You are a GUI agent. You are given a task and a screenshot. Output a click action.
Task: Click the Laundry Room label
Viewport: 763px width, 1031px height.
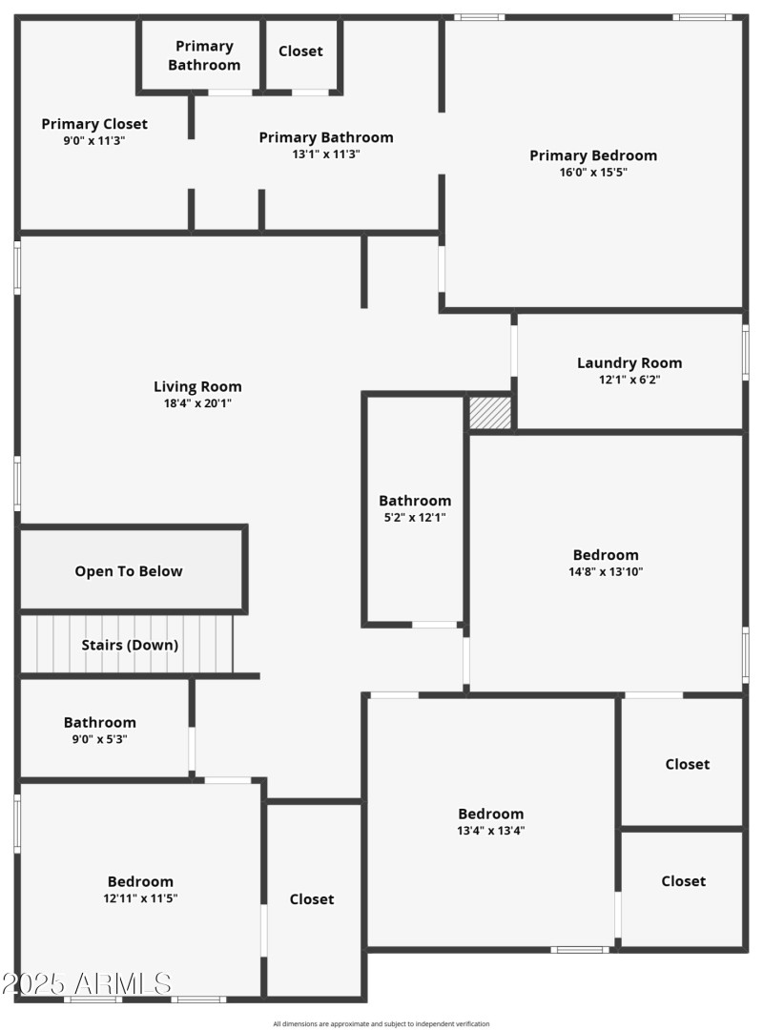pyautogui.click(x=629, y=362)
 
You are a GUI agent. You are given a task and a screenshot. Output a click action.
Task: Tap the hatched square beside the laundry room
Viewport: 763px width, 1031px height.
pyautogui.click(x=490, y=413)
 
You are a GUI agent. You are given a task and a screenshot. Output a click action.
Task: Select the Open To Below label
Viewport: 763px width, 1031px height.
pyautogui.click(x=129, y=571)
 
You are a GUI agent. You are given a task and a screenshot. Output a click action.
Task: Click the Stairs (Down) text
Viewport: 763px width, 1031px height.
pyautogui.click(x=130, y=645)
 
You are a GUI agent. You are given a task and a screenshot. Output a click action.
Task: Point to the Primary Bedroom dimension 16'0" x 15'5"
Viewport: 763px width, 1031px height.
pyautogui.click(x=593, y=173)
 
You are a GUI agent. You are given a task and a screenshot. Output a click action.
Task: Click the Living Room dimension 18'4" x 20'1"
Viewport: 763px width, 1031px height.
pyautogui.click(x=197, y=403)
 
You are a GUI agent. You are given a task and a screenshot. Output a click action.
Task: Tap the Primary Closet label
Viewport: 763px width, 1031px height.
pyautogui.click(x=94, y=124)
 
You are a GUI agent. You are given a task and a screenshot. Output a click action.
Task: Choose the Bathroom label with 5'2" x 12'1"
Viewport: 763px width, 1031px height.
pyautogui.click(x=415, y=501)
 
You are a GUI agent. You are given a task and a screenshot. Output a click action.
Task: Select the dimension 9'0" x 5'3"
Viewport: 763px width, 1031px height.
pyautogui.click(x=100, y=739)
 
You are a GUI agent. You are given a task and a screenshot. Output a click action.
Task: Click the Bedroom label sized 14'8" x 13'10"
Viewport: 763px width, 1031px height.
pyautogui.click(x=606, y=555)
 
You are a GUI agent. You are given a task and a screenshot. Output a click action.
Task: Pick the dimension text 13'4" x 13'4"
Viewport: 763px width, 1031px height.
pyautogui.click(x=491, y=831)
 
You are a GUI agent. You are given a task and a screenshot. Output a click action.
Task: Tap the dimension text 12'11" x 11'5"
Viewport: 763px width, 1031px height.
pyautogui.click(x=140, y=898)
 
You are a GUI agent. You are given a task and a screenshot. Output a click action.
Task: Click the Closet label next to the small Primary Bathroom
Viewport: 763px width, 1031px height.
pyautogui.click(x=300, y=52)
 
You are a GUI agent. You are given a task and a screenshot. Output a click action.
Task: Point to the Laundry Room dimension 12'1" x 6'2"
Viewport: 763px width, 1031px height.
pyautogui.click(x=629, y=380)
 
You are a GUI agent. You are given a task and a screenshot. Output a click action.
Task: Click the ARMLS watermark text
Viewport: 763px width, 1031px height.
pyautogui.click(x=87, y=983)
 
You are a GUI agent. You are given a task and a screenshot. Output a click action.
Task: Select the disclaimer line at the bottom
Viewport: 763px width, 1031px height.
pyautogui.click(x=381, y=1024)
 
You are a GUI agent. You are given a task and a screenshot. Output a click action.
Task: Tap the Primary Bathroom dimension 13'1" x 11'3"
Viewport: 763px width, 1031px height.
pyautogui.click(x=326, y=155)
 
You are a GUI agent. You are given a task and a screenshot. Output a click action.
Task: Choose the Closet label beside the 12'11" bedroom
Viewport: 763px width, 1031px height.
pyautogui.click(x=312, y=899)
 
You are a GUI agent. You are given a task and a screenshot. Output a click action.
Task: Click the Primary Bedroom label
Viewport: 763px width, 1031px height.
pyautogui.click(x=593, y=155)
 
